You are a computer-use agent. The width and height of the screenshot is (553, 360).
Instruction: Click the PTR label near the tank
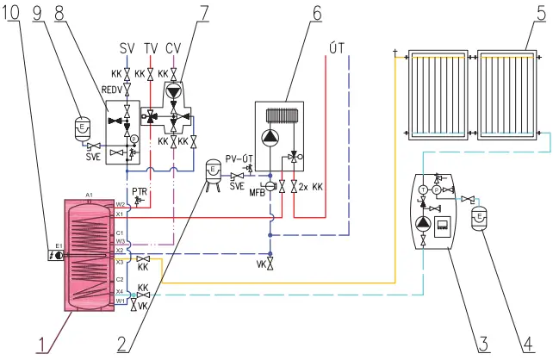(139, 190)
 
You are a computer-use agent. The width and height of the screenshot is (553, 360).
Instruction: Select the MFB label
(257, 191)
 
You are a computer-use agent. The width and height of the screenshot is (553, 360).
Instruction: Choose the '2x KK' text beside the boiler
(308, 187)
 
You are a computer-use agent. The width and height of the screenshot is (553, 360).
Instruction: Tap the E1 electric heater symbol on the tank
(57, 255)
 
